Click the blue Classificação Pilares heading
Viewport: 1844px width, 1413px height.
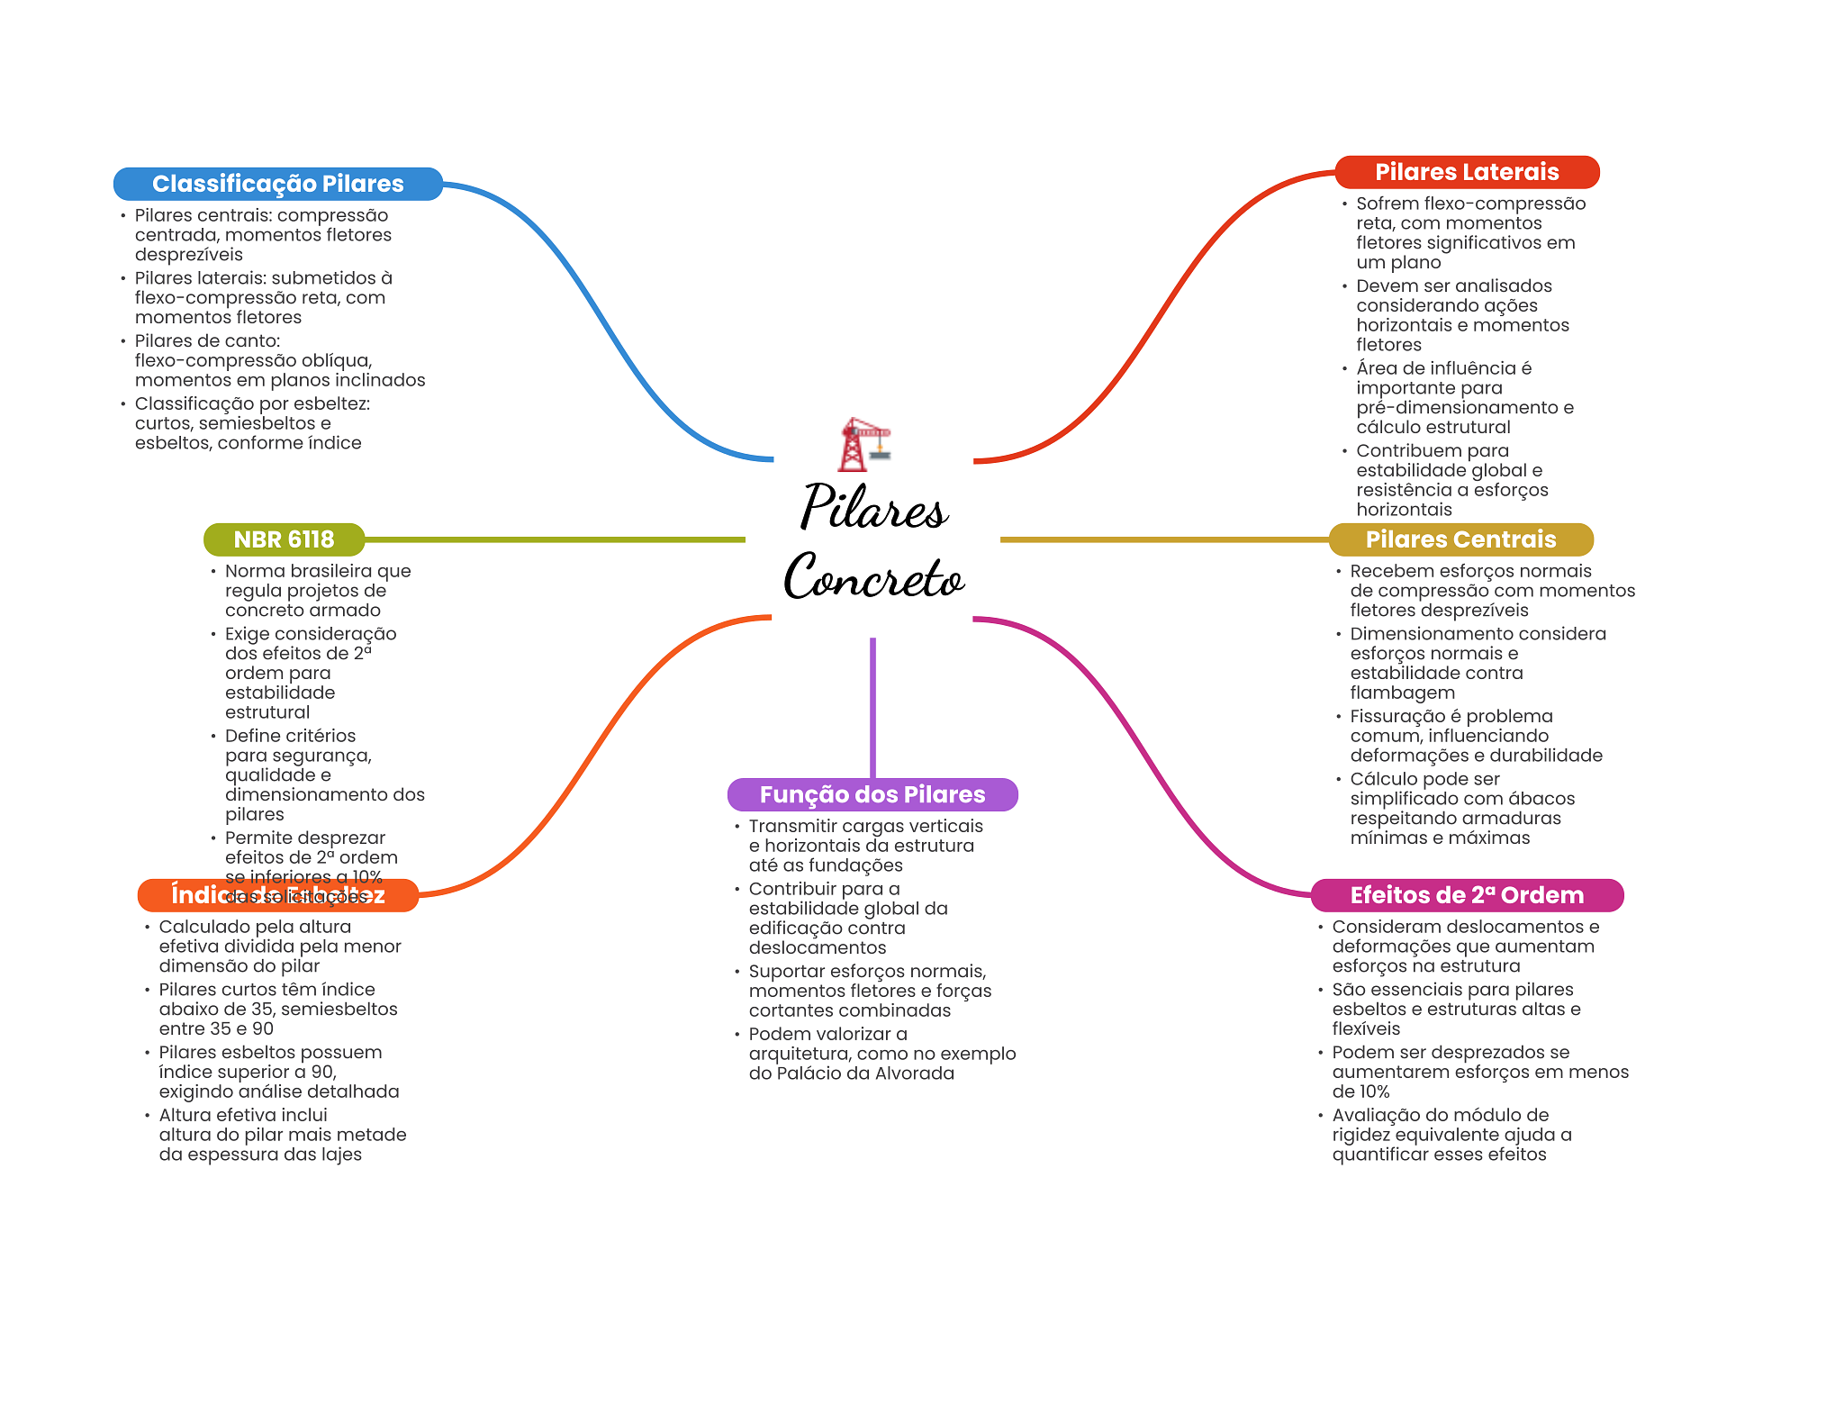(x=277, y=184)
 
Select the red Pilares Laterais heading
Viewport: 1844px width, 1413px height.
(x=1466, y=172)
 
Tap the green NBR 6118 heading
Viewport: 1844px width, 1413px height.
(x=284, y=539)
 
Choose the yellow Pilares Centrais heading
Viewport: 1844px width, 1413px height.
(x=1460, y=539)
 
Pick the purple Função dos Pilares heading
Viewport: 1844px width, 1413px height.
(x=872, y=794)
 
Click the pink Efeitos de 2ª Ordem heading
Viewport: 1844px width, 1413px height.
(x=1466, y=895)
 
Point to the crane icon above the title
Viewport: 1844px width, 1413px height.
(x=863, y=444)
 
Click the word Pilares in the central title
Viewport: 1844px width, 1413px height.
(x=873, y=507)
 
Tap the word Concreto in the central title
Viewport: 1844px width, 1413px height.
(x=873, y=576)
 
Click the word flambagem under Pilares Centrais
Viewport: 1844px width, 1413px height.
(x=1402, y=693)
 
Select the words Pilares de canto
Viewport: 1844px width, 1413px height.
(x=207, y=340)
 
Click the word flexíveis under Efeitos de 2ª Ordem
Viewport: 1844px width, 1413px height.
(x=1366, y=1028)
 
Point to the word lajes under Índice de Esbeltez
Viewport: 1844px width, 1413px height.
(x=340, y=1155)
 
